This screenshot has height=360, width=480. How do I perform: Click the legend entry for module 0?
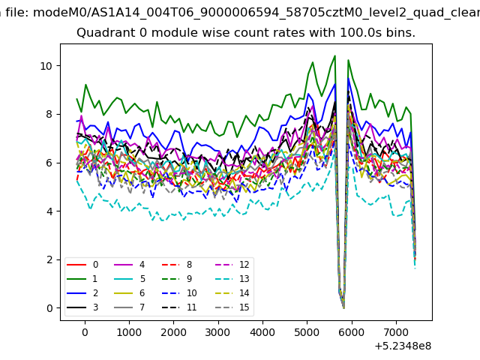pyautogui.click(x=82, y=265)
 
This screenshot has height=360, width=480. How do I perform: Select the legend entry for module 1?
pyautogui.click(x=82, y=279)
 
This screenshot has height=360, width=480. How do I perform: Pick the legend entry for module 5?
pyautogui.click(x=130, y=279)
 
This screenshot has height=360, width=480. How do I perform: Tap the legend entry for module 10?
pyautogui.click(x=179, y=293)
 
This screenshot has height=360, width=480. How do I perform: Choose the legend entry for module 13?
pyautogui.click(x=232, y=279)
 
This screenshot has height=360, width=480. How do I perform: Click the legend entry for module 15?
pyautogui.click(x=232, y=307)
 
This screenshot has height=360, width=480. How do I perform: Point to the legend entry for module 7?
pyautogui.click(x=130, y=307)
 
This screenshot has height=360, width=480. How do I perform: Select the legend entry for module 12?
pyautogui.click(x=232, y=265)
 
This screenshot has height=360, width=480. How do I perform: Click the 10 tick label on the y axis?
pyautogui.click(x=46, y=66)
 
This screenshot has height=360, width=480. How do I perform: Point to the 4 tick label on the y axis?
pyautogui.click(x=49, y=211)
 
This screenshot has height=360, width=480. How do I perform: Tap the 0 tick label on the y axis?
pyautogui.click(x=49, y=308)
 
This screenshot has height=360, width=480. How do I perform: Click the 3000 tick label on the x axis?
pyautogui.click(x=217, y=332)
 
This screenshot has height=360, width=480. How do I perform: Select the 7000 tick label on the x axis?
pyautogui.click(x=396, y=332)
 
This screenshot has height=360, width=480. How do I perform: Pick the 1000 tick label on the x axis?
pyautogui.click(x=129, y=332)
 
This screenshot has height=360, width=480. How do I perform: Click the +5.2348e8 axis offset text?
pyautogui.click(x=403, y=346)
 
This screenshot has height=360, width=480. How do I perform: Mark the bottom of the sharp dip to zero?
pyautogui.click(x=343, y=307)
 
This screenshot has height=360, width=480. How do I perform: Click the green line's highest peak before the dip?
pyautogui.click(x=335, y=55)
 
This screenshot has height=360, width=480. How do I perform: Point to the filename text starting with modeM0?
pyautogui.click(x=256, y=13)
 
